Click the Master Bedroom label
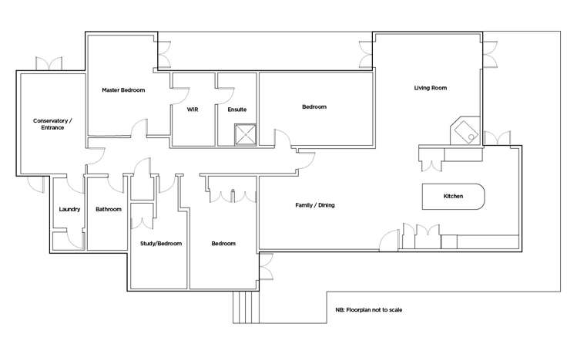click(x=123, y=90)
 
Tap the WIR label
click(x=193, y=110)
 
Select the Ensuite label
click(x=237, y=110)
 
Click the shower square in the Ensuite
click(x=246, y=134)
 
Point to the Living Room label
click(x=431, y=88)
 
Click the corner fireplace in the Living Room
click(x=465, y=131)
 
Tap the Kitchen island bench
click(x=453, y=197)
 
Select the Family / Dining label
click(x=315, y=205)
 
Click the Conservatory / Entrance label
click(x=52, y=124)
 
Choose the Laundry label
click(x=69, y=209)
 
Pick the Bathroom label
click(x=109, y=209)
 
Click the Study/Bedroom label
click(x=161, y=244)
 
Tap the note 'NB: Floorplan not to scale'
click(x=369, y=310)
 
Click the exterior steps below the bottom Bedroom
click(x=246, y=307)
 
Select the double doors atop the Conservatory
click(x=49, y=63)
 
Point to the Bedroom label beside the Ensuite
click(x=314, y=106)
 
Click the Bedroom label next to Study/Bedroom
click(x=223, y=244)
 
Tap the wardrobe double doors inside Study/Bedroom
click(x=142, y=222)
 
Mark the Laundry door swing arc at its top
click(x=75, y=186)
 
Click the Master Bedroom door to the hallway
click(x=140, y=128)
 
